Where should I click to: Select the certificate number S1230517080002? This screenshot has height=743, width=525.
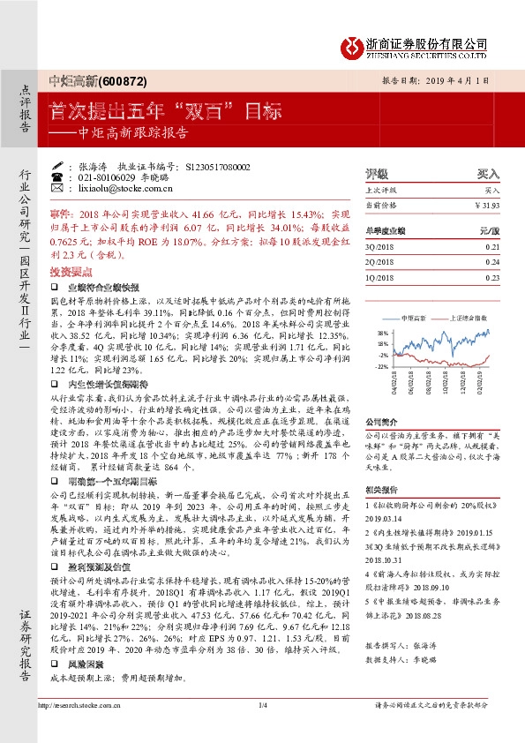click(219, 166)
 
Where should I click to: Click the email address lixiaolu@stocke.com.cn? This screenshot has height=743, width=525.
click(115, 188)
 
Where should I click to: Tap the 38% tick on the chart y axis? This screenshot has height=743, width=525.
click(383, 333)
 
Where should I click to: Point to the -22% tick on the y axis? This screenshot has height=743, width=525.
click(382, 365)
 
